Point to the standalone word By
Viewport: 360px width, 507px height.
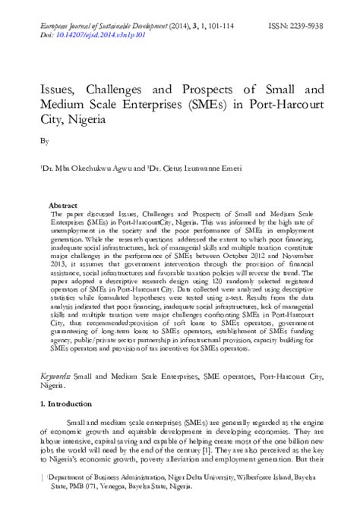point(43,141)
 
